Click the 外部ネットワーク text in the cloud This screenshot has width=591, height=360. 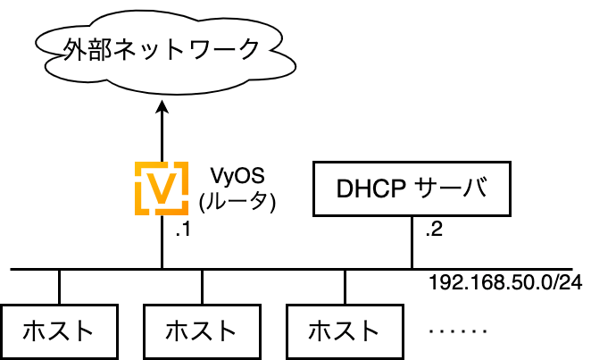[x=161, y=49]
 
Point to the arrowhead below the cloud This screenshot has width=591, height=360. [x=162, y=106]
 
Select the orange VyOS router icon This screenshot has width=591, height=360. [x=162, y=188]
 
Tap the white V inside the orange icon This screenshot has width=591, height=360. [x=162, y=188]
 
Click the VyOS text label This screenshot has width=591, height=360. [x=237, y=176]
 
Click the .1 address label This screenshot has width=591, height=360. [x=183, y=230]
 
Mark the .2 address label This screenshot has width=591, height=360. [x=434, y=230]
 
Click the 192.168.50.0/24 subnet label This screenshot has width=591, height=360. [x=506, y=282]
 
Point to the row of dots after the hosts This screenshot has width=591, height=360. [x=458, y=331]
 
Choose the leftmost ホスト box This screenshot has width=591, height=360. [x=59, y=331]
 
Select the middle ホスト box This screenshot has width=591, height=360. [x=202, y=331]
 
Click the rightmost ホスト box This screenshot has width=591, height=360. [x=345, y=331]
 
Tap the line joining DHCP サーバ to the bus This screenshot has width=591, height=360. [x=412, y=242]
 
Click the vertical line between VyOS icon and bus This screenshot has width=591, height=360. [x=162, y=241]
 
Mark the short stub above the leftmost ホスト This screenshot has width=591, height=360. [x=59, y=288]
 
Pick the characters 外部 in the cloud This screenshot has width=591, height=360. [x=87, y=49]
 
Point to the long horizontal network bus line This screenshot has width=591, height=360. [x=291, y=270]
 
